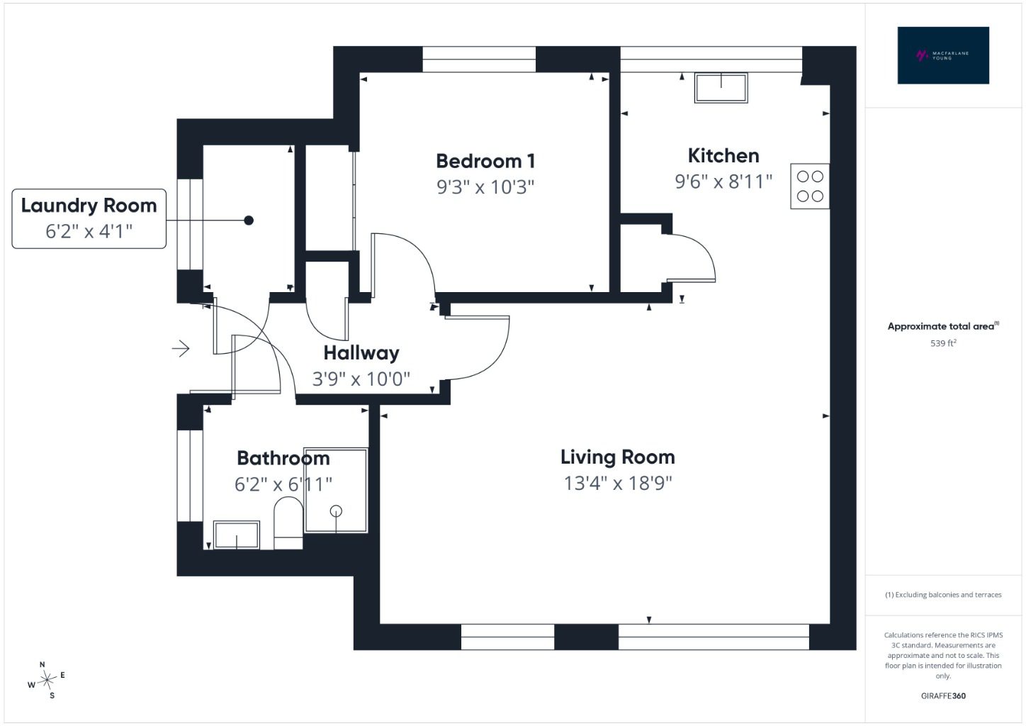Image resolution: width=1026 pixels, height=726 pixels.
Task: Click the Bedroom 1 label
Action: tap(485, 162)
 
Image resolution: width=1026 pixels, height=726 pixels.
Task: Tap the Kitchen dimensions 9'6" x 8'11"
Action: tap(723, 181)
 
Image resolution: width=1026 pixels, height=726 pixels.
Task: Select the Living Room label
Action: tap(617, 457)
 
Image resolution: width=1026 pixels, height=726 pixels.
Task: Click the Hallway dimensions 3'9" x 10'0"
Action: tap(361, 379)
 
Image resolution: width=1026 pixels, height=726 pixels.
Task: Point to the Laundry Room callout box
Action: tap(89, 218)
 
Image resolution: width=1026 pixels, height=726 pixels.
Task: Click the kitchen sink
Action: tap(721, 87)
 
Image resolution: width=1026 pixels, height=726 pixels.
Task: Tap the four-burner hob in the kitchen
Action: tap(810, 186)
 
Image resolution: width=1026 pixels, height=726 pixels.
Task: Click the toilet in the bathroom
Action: tap(288, 523)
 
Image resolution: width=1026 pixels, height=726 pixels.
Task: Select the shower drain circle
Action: tap(336, 510)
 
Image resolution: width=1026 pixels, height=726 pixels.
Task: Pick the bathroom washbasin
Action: tap(237, 535)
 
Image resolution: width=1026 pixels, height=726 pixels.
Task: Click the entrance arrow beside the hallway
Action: tap(181, 349)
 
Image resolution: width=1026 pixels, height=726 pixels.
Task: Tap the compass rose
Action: tap(47, 680)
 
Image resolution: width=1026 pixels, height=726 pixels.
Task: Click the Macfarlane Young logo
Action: tap(943, 55)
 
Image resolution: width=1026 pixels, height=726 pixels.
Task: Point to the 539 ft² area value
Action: tap(943, 343)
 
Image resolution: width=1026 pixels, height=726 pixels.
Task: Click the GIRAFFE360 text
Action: tap(943, 696)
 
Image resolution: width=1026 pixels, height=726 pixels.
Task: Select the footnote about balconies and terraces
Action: tap(943, 594)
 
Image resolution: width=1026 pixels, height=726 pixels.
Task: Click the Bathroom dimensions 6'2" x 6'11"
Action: tap(283, 484)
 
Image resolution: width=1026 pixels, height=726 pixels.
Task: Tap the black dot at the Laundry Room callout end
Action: tap(249, 220)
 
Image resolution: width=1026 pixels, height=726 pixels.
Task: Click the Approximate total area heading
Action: tap(943, 326)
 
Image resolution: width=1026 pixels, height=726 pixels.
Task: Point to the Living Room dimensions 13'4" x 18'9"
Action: tap(617, 483)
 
